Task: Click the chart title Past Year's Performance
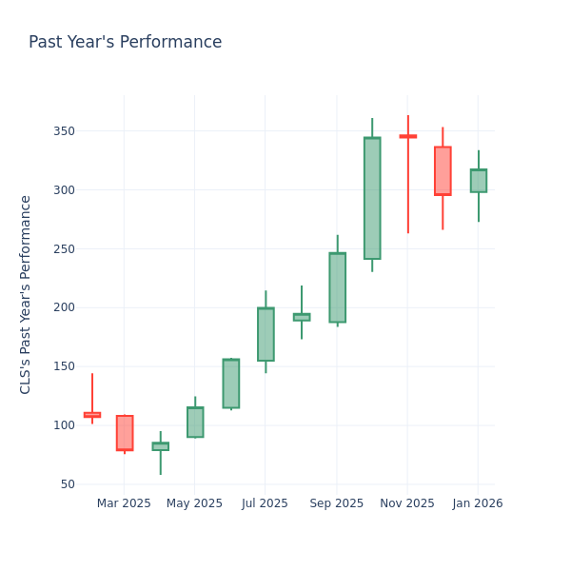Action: click(125, 43)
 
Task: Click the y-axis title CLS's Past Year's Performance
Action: click(26, 294)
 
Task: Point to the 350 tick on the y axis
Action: click(62, 131)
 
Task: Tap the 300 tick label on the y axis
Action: click(62, 190)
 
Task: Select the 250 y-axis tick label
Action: click(62, 249)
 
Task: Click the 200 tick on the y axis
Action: click(62, 307)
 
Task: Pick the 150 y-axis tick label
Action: click(62, 366)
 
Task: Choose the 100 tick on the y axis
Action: click(62, 425)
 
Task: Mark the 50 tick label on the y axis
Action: click(66, 484)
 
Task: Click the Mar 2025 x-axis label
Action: click(124, 503)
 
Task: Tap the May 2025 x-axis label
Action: click(194, 503)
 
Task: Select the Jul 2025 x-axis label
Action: click(265, 503)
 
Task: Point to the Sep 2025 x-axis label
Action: click(336, 503)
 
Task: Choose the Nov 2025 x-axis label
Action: click(407, 503)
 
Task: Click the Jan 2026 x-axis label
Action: click(478, 503)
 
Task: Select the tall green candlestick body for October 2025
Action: click(372, 198)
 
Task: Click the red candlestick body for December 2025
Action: click(443, 171)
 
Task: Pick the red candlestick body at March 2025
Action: click(125, 433)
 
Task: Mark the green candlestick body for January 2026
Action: click(478, 181)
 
